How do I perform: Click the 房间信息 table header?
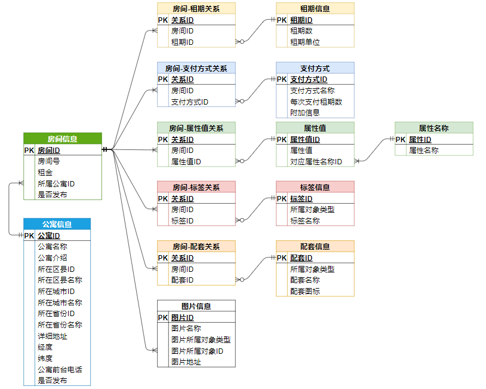62,139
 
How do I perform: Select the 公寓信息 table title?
57,225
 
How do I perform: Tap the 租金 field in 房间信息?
45,172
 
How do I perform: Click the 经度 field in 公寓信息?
45,347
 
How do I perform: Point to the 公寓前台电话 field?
60,369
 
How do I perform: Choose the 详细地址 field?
52,336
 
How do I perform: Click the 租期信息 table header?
315,8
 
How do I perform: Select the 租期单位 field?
305,42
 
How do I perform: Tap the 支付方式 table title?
315,68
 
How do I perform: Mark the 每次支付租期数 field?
316,102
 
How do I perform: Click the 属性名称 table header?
433,128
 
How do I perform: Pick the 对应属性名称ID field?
316,161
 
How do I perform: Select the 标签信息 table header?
315,187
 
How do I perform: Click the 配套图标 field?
305,291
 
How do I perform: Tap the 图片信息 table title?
196,306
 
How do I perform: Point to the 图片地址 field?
186,362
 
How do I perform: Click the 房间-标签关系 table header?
196,187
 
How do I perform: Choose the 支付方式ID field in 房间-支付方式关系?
189,102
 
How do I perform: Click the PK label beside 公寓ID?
29,235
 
